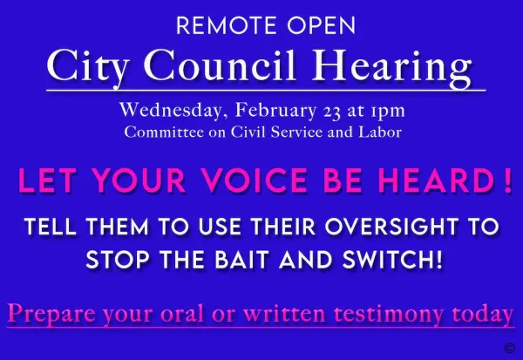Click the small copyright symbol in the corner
[510, 348]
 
